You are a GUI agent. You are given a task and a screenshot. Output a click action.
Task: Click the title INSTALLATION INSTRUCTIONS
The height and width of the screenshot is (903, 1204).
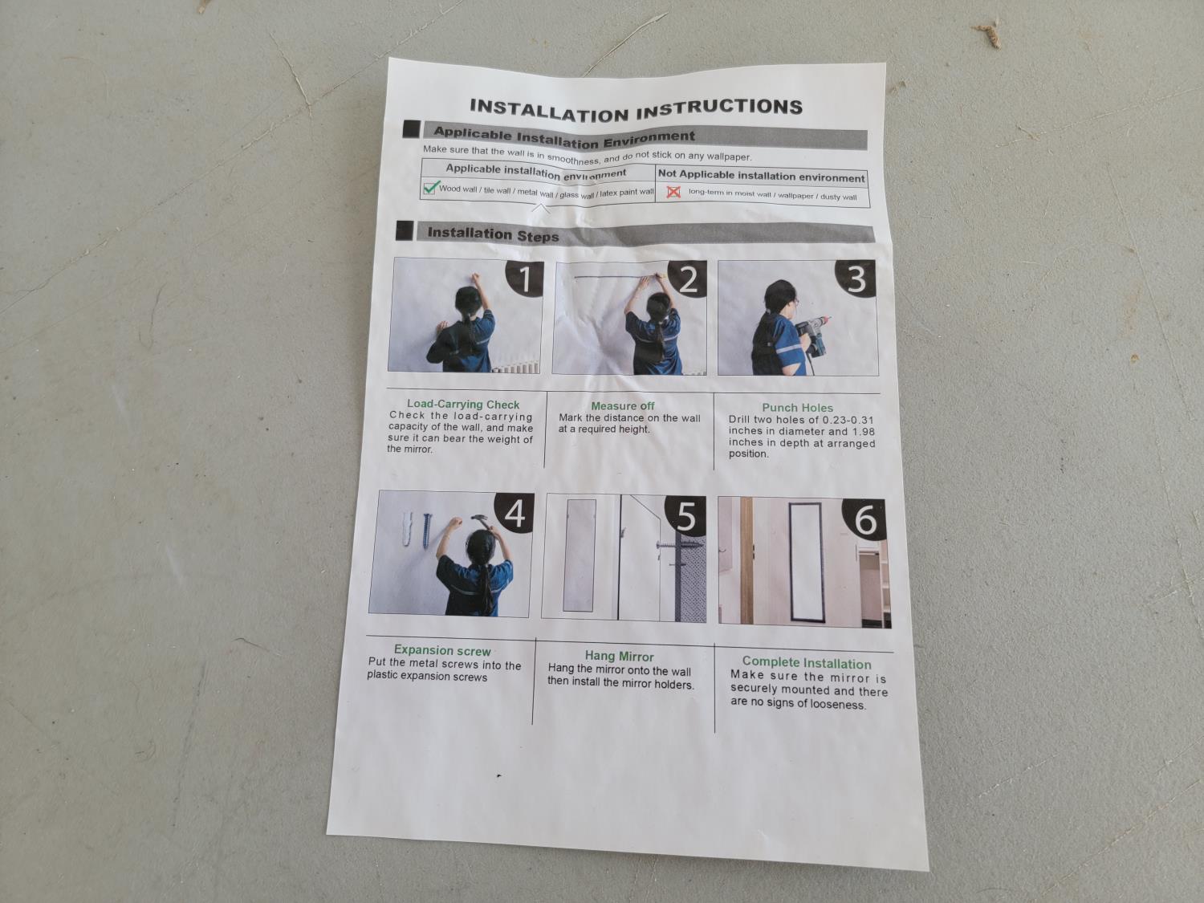click(x=637, y=109)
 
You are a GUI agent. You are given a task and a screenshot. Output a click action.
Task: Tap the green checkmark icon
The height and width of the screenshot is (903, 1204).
click(x=432, y=187)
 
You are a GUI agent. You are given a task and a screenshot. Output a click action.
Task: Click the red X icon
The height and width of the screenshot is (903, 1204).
click(x=673, y=192)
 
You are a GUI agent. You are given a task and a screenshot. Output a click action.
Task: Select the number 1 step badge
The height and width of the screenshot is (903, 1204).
click(x=524, y=279)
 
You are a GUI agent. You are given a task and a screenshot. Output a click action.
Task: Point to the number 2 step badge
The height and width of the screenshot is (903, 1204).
click(x=687, y=279)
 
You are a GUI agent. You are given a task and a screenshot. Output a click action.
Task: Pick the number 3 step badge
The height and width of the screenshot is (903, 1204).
click(x=856, y=279)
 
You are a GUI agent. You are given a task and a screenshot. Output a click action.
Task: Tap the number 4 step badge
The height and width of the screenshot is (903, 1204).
click(x=515, y=513)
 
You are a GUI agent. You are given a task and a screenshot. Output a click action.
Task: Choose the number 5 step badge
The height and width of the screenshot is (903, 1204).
click(x=685, y=516)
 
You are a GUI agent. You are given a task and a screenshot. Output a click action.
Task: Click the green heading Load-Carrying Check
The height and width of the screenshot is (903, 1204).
click(x=463, y=405)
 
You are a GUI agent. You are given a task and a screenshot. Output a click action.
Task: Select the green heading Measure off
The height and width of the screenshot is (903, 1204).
click(x=623, y=406)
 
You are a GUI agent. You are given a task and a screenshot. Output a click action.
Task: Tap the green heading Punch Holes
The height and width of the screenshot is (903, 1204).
click(x=798, y=408)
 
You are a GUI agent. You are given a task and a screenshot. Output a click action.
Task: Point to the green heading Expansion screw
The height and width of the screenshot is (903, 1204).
click(x=442, y=651)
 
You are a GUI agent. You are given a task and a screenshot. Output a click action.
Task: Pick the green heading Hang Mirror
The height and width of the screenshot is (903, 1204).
click(x=620, y=657)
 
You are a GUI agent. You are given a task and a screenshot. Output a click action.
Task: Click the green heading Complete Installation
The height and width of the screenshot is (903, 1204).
click(x=807, y=664)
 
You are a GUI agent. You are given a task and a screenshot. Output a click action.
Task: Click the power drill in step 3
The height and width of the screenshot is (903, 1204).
click(x=811, y=333)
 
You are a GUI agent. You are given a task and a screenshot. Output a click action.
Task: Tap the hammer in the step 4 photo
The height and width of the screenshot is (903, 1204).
click(x=482, y=521)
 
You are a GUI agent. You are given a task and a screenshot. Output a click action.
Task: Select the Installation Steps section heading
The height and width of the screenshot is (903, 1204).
click(x=493, y=234)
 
